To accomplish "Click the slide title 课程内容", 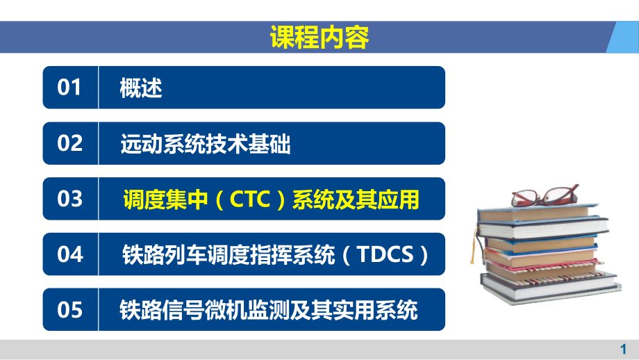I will coord(319,37).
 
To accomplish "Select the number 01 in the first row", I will coord(69,88).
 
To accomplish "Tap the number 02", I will coord(69,143).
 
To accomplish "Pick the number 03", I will coord(69,199).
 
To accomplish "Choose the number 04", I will coord(69,254).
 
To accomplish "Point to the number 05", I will coord(69,310).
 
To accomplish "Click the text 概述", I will coord(141,88).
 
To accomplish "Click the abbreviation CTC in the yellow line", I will coord(249,199).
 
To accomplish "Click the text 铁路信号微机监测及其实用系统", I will coord(269,310).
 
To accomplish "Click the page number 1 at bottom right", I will coord(622,350).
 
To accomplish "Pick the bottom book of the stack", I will coord(549,287).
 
